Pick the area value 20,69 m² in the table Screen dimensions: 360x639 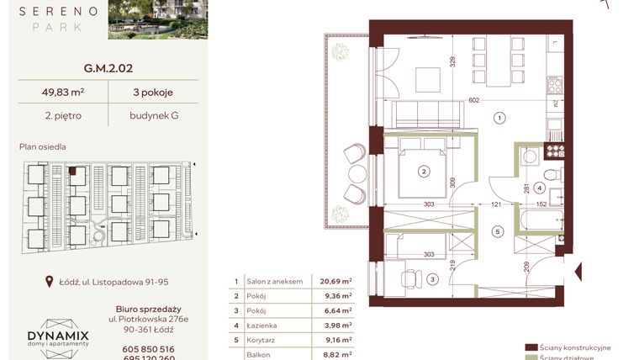(x=335, y=283)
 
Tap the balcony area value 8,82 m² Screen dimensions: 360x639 (x=335, y=356)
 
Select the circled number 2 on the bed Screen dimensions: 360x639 (x=425, y=172)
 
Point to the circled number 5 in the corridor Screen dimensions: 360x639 (x=497, y=231)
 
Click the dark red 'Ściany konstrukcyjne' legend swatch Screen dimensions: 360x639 (x=531, y=347)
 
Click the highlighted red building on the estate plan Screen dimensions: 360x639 (x=73, y=171)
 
